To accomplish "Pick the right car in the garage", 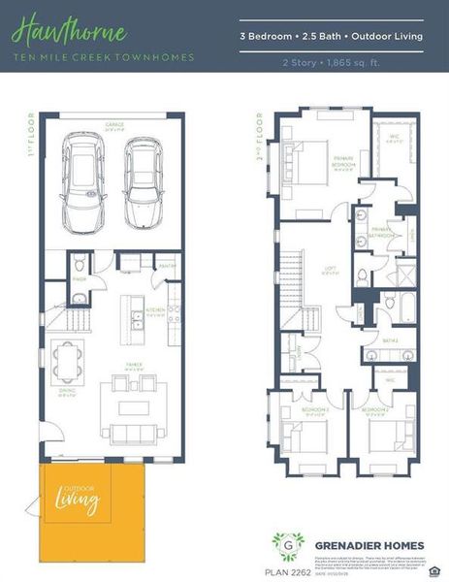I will (x=144, y=182).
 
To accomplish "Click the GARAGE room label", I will (x=115, y=124).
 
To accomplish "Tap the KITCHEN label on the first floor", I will (x=156, y=311).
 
